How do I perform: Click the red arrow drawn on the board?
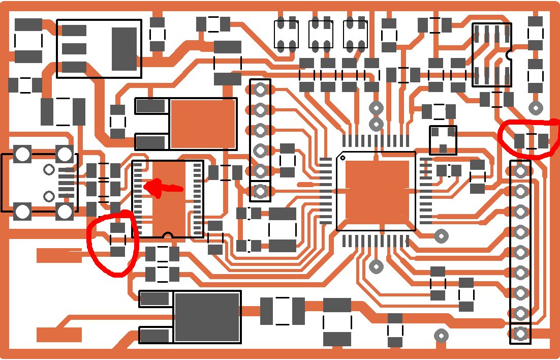162,188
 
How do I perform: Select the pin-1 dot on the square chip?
343,158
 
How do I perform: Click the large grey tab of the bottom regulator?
207,316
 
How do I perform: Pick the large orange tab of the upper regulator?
203,124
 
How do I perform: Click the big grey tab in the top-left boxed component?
124,48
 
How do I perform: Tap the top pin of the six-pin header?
260,89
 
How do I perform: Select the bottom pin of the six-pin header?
260,191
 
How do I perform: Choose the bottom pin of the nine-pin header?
520,334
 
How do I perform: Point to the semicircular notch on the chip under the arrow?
168,235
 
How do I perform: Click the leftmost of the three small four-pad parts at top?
286,34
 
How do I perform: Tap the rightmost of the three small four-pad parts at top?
355,34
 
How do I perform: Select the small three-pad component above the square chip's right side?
443,140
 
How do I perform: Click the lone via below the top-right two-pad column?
535,108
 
